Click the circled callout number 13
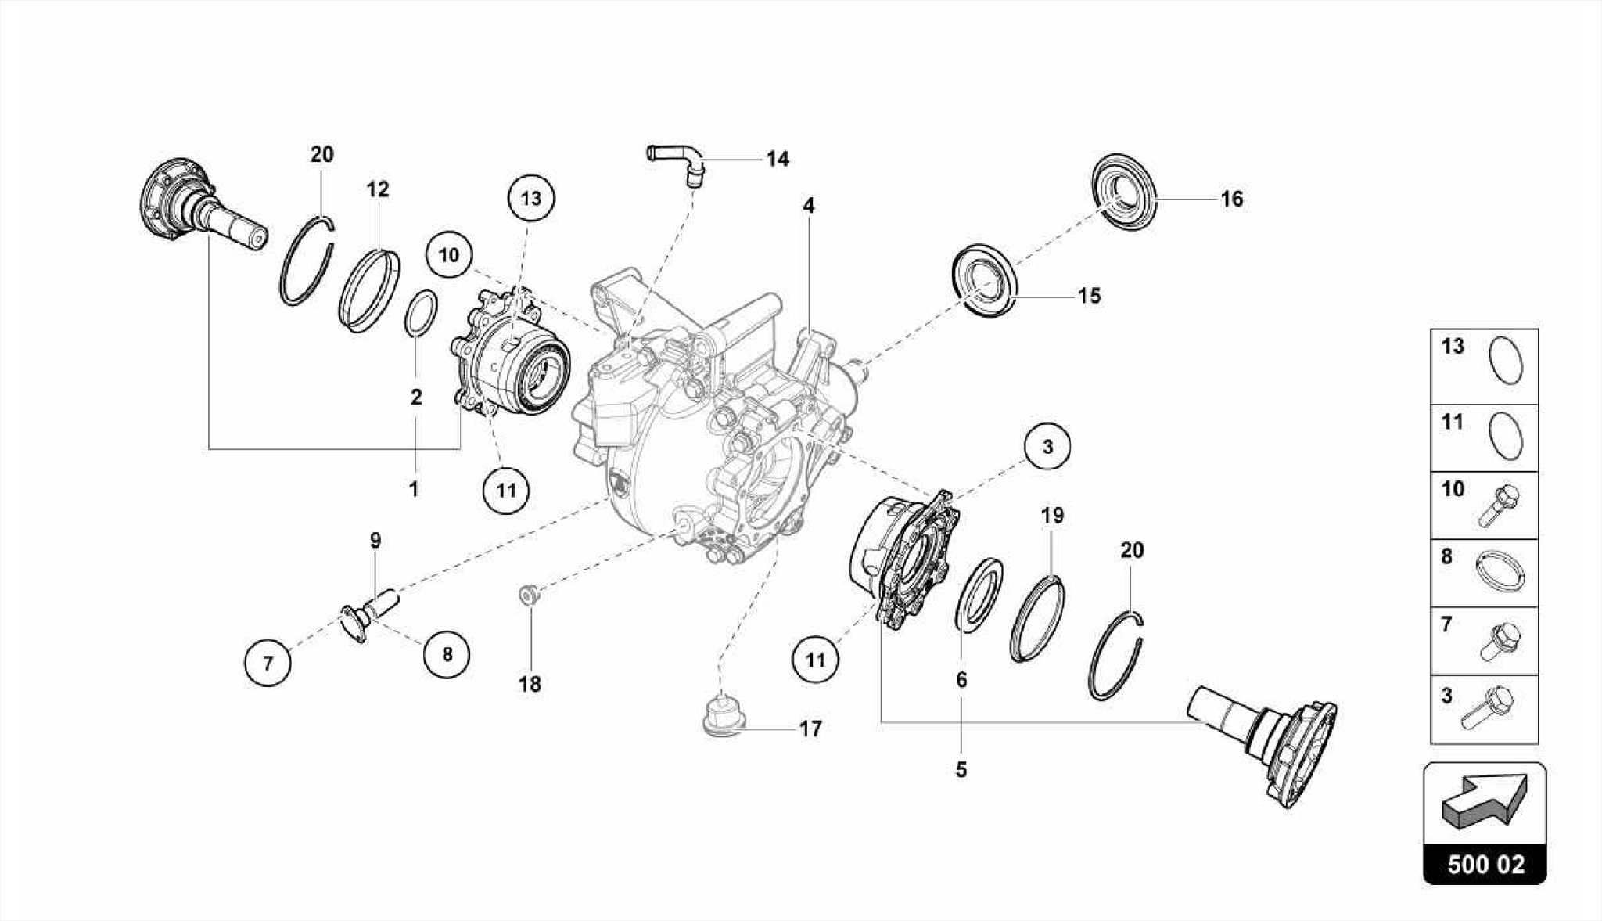pyautogui.click(x=530, y=199)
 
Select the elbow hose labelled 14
pyautogui.click(x=677, y=160)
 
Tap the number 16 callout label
pyautogui.click(x=1231, y=200)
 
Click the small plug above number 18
pyautogui.click(x=529, y=595)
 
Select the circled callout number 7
pyautogui.click(x=268, y=664)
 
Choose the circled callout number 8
pyautogui.click(x=447, y=654)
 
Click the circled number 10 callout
pyautogui.click(x=449, y=255)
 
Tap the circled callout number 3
pyautogui.click(x=1047, y=447)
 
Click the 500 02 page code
pyautogui.click(x=1485, y=865)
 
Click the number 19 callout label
pyautogui.click(x=1052, y=516)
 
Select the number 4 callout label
pyautogui.click(x=808, y=206)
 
